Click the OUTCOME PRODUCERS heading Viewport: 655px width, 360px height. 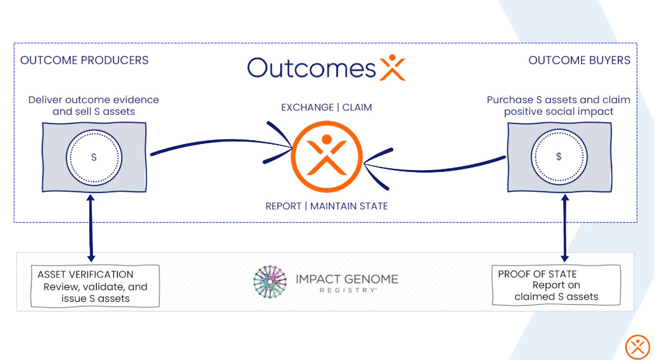(x=84, y=60)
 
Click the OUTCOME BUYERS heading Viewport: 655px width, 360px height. (x=579, y=60)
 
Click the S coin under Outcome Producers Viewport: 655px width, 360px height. (x=94, y=157)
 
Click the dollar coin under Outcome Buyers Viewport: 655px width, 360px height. (x=559, y=157)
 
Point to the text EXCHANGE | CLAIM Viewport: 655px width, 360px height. (x=327, y=107)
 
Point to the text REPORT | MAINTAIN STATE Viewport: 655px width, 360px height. (x=327, y=206)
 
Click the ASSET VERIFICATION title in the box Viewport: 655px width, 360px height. (x=86, y=274)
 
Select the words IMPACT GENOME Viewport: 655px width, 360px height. (x=347, y=279)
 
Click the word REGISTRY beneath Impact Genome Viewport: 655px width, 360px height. (x=347, y=290)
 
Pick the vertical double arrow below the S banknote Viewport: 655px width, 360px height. (x=91, y=227)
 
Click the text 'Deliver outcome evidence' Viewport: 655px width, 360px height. (x=94, y=100)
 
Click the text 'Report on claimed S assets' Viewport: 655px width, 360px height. (x=556, y=291)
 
